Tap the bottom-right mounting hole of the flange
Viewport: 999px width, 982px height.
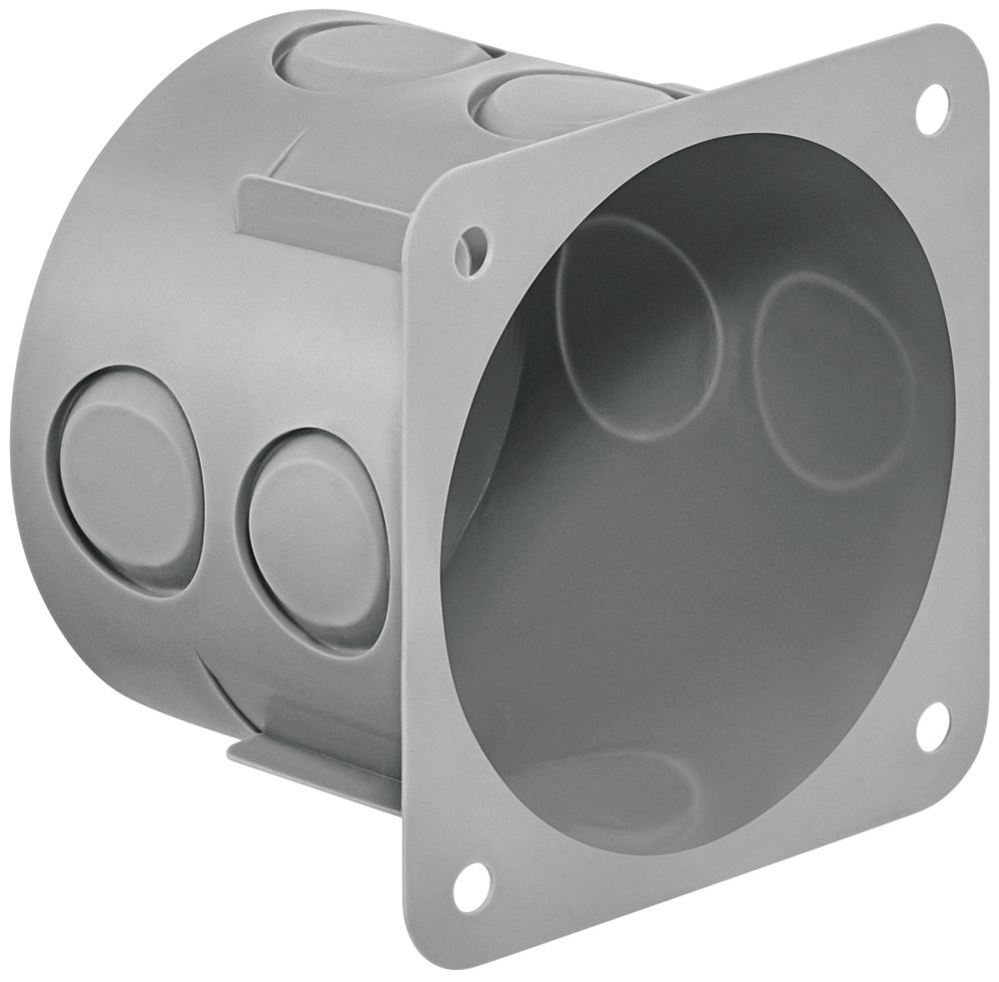coord(931,726)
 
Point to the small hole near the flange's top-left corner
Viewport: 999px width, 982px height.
coord(474,243)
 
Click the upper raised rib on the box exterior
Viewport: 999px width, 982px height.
coord(320,215)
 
